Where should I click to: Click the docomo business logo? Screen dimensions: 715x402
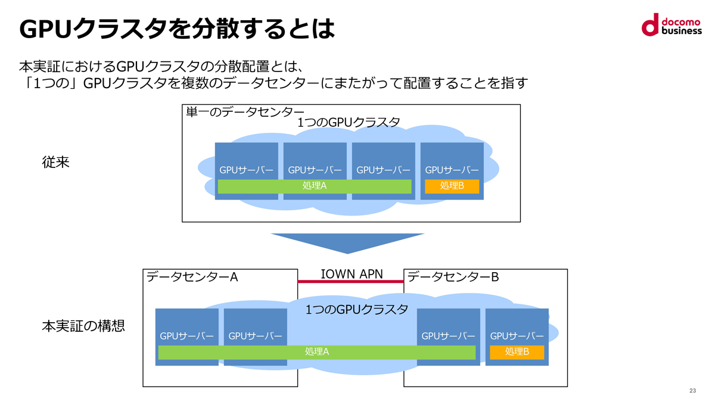(x=672, y=24)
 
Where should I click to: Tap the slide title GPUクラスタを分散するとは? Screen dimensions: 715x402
(x=177, y=29)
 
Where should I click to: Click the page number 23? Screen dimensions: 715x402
(x=692, y=391)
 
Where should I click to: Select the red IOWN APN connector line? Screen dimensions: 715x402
(x=350, y=281)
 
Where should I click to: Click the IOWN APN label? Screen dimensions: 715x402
(x=352, y=274)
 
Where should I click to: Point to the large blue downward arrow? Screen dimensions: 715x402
(x=347, y=243)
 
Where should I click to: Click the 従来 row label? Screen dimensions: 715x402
(x=55, y=162)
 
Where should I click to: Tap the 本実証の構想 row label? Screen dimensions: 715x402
(x=83, y=326)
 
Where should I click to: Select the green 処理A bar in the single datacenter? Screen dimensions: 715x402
(x=315, y=186)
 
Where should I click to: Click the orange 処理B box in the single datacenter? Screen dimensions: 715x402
(x=452, y=186)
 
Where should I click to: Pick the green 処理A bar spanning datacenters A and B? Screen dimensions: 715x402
(x=316, y=352)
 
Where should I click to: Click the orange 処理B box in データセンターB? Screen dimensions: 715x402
(x=517, y=352)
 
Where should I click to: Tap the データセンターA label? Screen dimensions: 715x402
(x=192, y=277)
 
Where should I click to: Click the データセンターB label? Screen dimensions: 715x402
(x=453, y=277)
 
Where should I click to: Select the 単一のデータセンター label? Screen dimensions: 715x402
(x=245, y=113)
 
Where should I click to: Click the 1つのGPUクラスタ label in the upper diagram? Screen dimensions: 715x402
(x=348, y=123)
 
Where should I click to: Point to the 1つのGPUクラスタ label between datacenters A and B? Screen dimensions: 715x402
(x=356, y=310)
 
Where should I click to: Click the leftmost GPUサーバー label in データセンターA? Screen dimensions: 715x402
(x=186, y=336)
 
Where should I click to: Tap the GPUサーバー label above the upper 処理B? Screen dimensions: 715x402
(x=452, y=170)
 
